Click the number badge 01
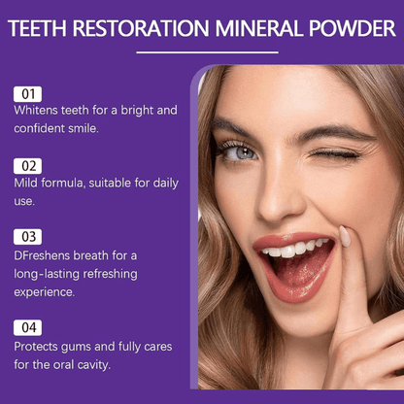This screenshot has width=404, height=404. tap(27, 93)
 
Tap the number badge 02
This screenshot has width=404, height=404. tap(27, 165)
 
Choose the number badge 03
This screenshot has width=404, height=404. tap(27, 236)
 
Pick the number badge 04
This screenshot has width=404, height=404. tap(27, 327)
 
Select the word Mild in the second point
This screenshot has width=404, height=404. tap(27, 183)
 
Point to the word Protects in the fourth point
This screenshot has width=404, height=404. tap(38, 347)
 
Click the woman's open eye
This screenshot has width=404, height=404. tap(243, 153)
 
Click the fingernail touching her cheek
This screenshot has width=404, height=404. tap(345, 236)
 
